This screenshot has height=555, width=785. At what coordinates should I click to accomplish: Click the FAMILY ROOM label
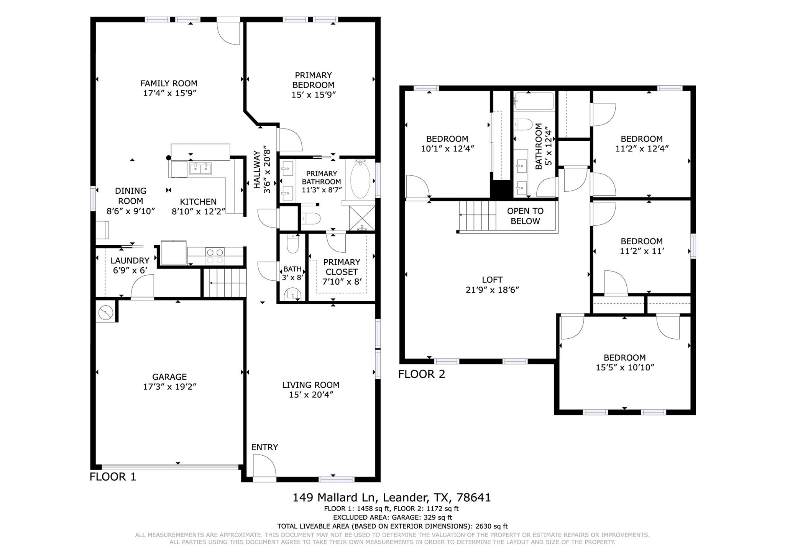pyautogui.click(x=169, y=83)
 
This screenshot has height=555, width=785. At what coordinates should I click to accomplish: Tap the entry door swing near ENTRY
pyautogui.click(x=264, y=466)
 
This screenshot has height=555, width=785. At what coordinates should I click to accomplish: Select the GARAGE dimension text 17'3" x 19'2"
pyautogui.click(x=169, y=387)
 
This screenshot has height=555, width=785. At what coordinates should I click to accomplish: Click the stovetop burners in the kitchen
pyautogui.click(x=215, y=256)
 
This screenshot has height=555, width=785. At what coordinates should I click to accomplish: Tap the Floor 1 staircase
pyautogui.click(x=225, y=283)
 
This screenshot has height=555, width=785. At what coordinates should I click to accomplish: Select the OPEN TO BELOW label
pyautogui.click(x=525, y=216)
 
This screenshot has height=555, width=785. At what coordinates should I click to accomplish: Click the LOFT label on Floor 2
pyautogui.click(x=492, y=280)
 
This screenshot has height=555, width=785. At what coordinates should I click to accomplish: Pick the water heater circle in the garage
pyautogui.click(x=105, y=313)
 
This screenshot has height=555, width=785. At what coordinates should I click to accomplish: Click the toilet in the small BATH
pyautogui.click(x=292, y=244)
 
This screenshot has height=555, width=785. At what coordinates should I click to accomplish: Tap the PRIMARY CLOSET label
pyautogui.click(x=342, y=267)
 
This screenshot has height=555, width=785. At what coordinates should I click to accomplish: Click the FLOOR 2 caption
pyautogui.click(x=422, y=374)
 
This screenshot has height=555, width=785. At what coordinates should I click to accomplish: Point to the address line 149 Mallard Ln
pyautogui.click(x=391, y=497)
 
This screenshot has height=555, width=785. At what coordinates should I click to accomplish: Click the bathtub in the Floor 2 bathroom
pyautogui.click(x=534, y=101)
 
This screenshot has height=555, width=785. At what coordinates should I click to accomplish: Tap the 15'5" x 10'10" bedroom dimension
pyautogui.click(x=624, y=367)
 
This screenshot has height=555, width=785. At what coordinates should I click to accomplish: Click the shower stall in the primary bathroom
pyautogui.click(x=362, y=218)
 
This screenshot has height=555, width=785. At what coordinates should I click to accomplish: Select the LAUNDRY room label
pyautogui.click(x=130, y=261)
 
